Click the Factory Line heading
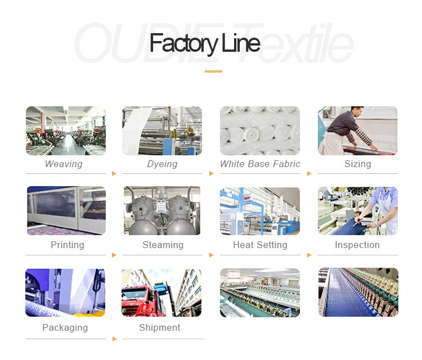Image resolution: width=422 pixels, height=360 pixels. pos(205,44)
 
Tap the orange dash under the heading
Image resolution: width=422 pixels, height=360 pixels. pos(213,71)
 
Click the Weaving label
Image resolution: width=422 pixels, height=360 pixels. pos(64,164)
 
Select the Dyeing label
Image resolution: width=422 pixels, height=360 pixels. pos(162,164)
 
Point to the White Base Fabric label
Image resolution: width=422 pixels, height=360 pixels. pos(260,164)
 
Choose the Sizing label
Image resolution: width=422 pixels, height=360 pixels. pos(358,164)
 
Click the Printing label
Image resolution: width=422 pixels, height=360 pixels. pos(67,245)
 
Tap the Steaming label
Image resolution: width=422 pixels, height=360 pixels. pos(163,245)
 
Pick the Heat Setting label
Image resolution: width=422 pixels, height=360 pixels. pos(260,245)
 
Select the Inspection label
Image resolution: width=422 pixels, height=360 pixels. pos(357,245)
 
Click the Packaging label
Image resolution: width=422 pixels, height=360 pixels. pos(65,328)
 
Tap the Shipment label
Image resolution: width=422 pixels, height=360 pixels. pos(160,328)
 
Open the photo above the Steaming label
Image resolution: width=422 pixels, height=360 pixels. pos(162,211)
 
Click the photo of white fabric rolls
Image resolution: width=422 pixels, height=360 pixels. pos(260,130)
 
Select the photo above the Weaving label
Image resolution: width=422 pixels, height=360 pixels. pos(66,130)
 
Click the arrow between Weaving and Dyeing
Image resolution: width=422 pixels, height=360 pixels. pos(114,173)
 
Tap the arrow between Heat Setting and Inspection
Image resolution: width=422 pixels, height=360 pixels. pos(309,255)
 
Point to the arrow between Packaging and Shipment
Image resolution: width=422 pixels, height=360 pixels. pos(114,339)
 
